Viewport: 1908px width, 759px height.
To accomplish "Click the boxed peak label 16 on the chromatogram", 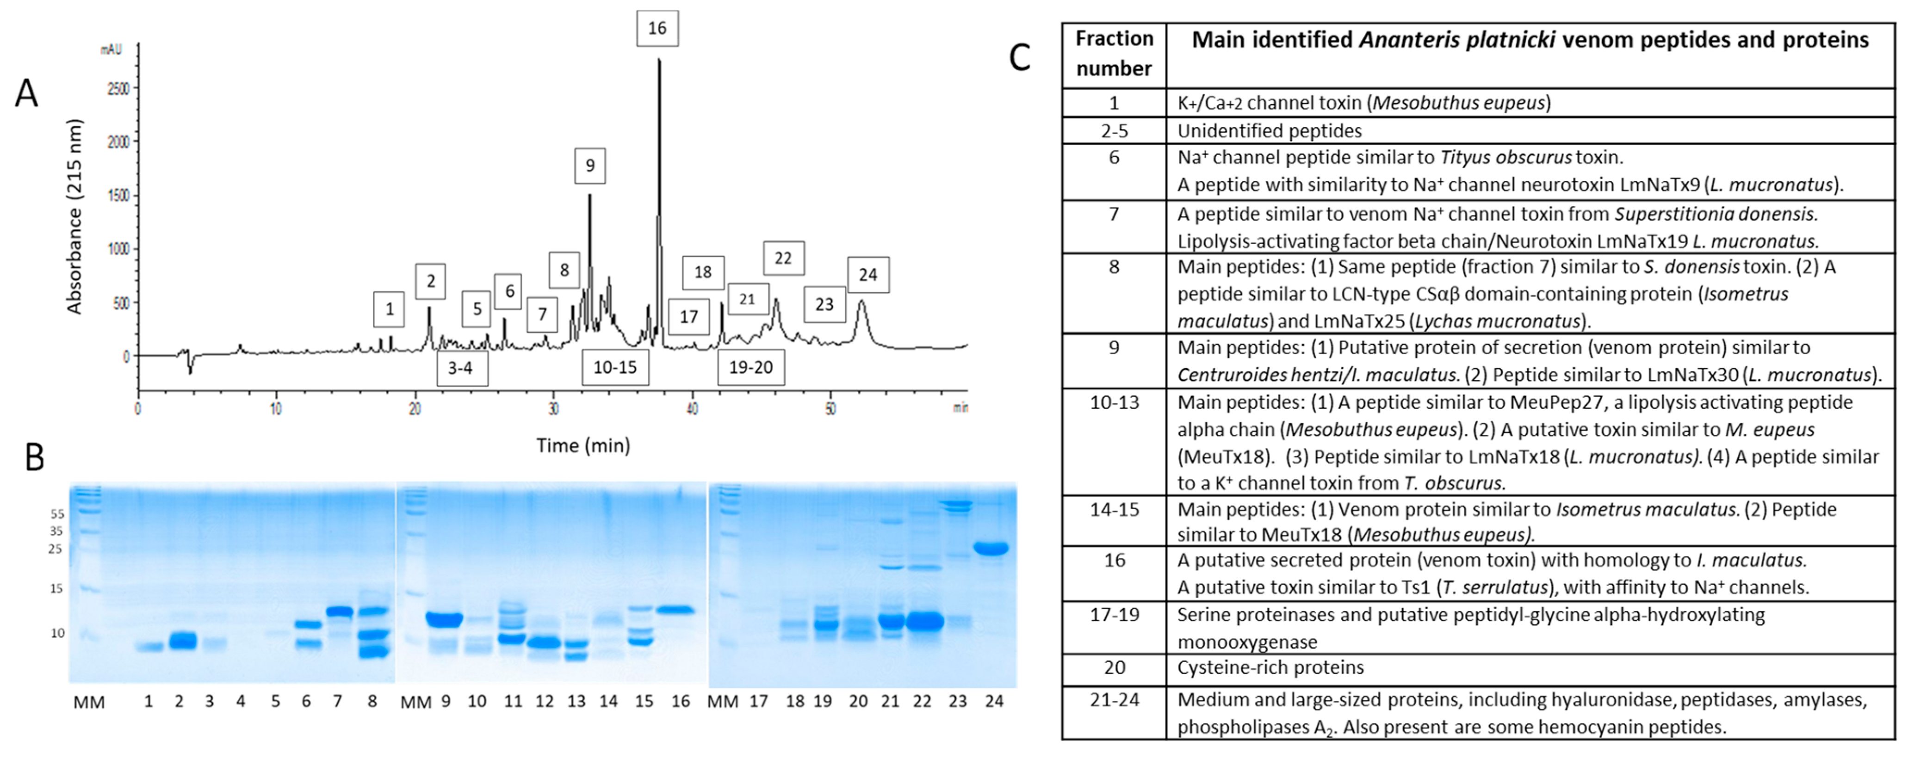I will point(657,29).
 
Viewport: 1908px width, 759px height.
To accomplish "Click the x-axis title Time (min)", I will point(583,446).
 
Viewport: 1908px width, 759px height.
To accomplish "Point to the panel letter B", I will point(34,457).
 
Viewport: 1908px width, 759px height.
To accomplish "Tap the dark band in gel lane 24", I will point(991,549).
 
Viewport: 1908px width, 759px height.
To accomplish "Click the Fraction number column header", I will point(1114,53).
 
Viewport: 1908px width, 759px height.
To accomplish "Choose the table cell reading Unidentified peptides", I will point(1270,131).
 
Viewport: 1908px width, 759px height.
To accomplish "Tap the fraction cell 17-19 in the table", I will point(1114,615).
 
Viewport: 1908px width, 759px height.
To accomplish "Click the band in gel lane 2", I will point(182,641).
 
